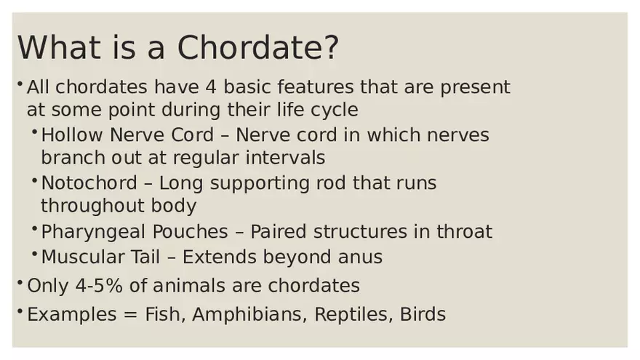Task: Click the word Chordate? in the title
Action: (258, 48)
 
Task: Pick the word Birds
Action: (423, 314)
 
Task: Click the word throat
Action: (464, 232)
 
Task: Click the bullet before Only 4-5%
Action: (20, 282)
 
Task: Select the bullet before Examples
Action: (20, 311)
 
